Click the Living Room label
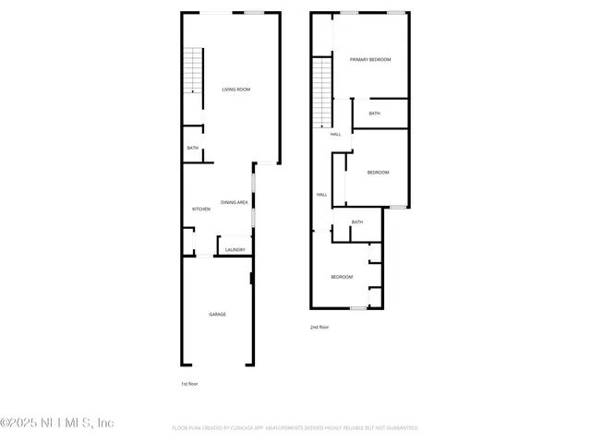[x=236, y=90]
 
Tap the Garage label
[x=217, y=314]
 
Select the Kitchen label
[x=201, y=210]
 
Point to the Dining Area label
[x=234, y=202]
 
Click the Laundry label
[x=235, y=250]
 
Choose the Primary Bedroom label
[x=370, y=59]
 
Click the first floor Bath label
[x=193, y=148]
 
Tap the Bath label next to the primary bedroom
[x=374, y=114]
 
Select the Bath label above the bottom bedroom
[x=356, y=221]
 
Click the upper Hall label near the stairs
[x=335, y=134]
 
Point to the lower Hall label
[x=322, y=195]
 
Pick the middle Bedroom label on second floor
[x=378, y=173]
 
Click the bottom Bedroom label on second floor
[x=342, y=277]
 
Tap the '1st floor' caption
[x=189, y=383]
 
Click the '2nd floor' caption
[x=319, y=327]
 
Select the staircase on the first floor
[x=191, y=70]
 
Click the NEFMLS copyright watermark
[x=57, y=423]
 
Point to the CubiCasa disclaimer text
[x=295, y=428]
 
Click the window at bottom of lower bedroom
[x=357, y=307]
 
